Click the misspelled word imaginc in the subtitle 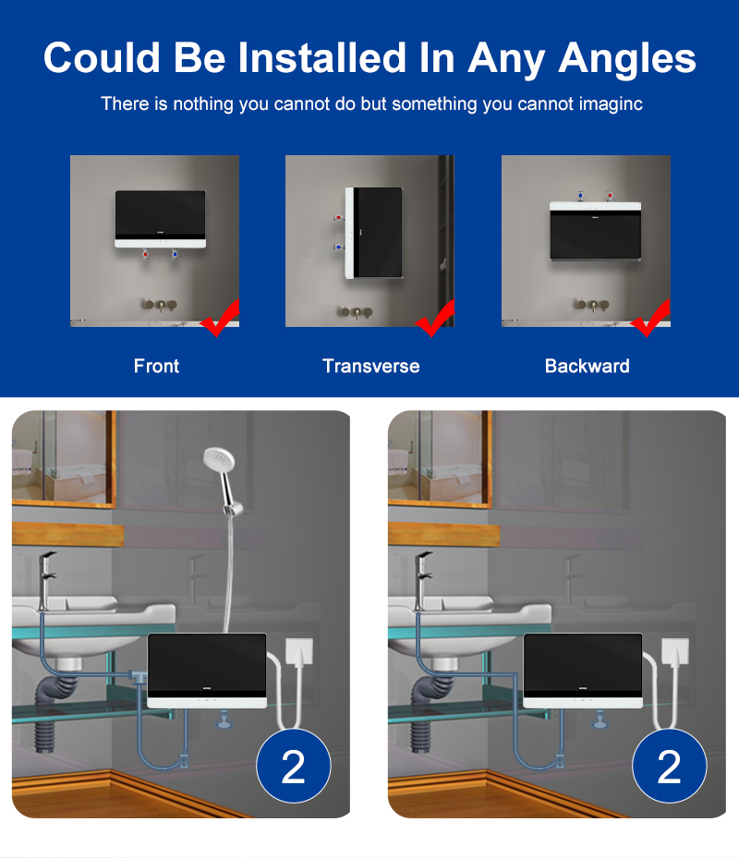click(607, 103)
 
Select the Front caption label click(156, 366)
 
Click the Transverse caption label click(370, 366)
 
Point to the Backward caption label click(587, 366)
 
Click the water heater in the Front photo click(160, 218)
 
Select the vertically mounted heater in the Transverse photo click(375, 232)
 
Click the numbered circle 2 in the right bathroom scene click(669, 766)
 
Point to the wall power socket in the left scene click(300, 652)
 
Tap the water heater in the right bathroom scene click(583, 670)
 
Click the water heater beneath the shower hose click(207, 670)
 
